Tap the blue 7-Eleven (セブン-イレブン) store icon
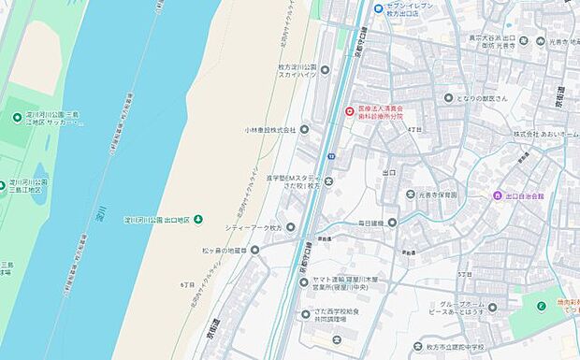[x=378, y=9]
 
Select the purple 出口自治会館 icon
[x=497, y=194]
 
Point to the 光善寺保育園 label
[x=438, y=194]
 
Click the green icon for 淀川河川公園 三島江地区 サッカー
[x=18, y=117]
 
